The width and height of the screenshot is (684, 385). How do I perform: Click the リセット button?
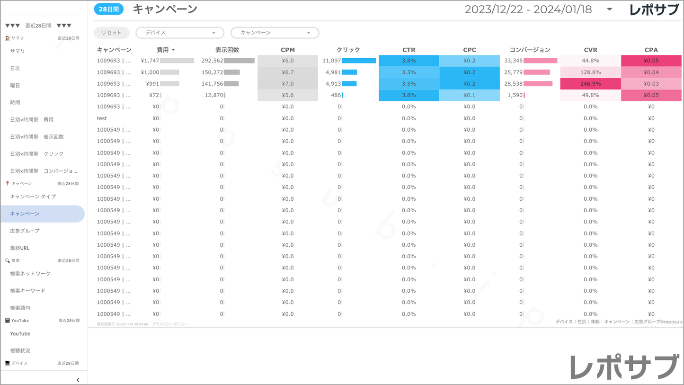[111, 33]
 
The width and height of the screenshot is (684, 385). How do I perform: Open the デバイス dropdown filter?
[180, 33]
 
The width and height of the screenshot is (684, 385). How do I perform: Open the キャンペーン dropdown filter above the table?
[275, 33]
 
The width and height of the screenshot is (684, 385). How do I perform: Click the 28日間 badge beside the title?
[108, 9]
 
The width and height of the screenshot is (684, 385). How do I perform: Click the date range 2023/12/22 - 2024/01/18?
[528, 9]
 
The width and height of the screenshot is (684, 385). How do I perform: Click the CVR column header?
[590, 50]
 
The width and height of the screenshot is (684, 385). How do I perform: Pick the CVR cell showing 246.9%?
[590, 84]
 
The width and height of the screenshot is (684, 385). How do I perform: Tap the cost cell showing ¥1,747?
[150, 61]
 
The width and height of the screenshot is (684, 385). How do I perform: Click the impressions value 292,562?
[212, 61]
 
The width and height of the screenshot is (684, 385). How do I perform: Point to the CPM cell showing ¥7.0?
[288, 84]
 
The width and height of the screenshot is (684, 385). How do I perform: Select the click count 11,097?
[331, 61]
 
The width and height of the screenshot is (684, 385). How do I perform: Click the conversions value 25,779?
[514, 72]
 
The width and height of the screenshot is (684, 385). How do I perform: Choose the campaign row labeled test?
[102, 118]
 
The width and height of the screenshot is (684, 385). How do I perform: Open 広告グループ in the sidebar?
[25, 231]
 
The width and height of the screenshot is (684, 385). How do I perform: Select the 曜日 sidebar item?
[15, 86]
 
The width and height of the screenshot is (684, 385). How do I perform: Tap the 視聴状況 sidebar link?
[20, 351]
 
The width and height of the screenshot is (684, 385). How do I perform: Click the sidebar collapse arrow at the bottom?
[78, 380]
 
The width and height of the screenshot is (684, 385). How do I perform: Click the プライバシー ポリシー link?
[170, 324]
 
